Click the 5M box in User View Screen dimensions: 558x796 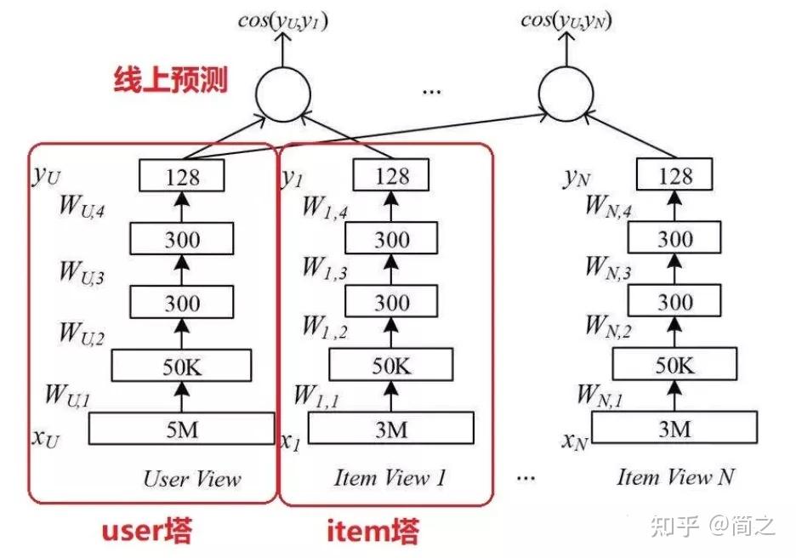pyautogui.click(x=182, y=430)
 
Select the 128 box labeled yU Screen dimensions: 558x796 pyautogui.click(x=182, y=177)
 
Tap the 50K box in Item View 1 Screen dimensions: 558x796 pyautogui.click(x=392, y=366)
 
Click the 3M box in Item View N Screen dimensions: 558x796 pyautogui.click(x=674, y=429)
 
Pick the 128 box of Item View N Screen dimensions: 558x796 pyautogui.click(x=675, y=177)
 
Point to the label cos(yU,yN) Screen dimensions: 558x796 pyautogui.click(x=567, y=20)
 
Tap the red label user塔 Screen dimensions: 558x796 pyautogui.click(x=146, y=532)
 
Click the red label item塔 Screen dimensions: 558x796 pyautogui.click(x=372, y=532)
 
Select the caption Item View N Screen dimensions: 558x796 pyautogui.click(x=675, y=477)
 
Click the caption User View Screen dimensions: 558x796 pyautogui.click(x=192, y=478)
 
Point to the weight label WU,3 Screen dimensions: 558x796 pyautogui.click(x=82, y=271)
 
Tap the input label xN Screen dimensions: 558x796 pyautogui.click(x=574, y=441)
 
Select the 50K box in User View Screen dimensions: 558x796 pyautogui.click(x=182, y=366)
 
